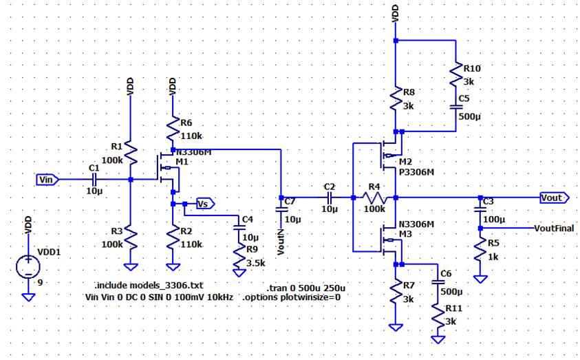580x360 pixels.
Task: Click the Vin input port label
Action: click(x=47, y=180)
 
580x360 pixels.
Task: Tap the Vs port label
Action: click(x=204, y=204)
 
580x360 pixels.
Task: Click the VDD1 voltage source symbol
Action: click(x=28, y=265)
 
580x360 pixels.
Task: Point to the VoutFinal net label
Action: click(x=554, y=229)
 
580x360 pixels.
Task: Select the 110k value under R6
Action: click(x=192, y=136)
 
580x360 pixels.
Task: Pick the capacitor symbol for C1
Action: click(x=94, y=180)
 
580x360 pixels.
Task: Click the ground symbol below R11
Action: click(x=437, y=339)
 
